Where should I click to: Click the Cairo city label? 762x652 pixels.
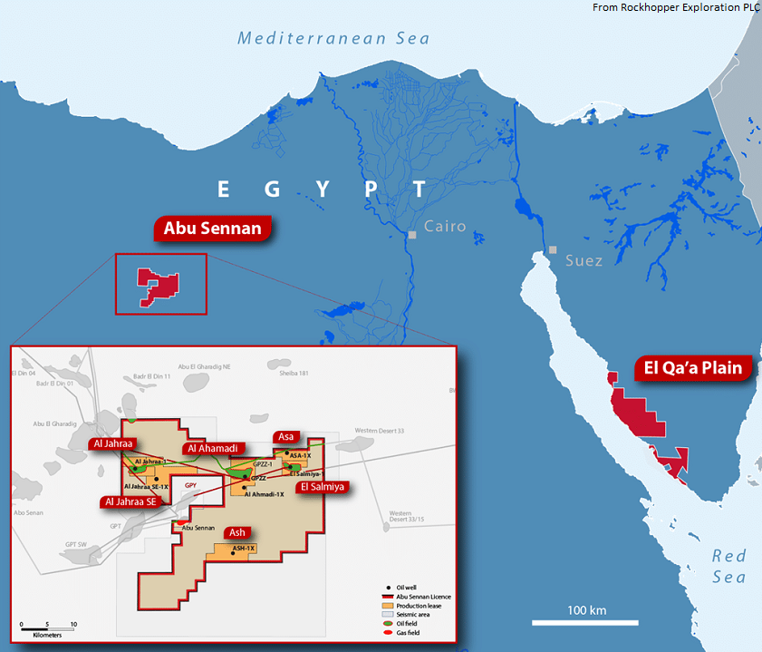coord(444,226)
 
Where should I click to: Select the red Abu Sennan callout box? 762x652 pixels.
coord(213,229)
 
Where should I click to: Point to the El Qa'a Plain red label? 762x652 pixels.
coord(693,368)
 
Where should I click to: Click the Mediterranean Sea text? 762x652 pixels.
coord(333,38)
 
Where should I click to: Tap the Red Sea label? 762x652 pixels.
coord(728,567)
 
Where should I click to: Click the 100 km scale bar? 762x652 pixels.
coord(573,622)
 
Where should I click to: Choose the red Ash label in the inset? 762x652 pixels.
coord(237,532)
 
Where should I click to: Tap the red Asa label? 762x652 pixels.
coord(285,437)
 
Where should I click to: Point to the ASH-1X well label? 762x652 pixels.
coord(244,550)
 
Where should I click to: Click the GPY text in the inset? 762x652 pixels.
coord(190,486)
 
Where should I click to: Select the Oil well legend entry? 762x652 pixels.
coord(405,587)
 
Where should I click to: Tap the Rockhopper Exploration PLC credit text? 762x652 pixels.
coord(675,7)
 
